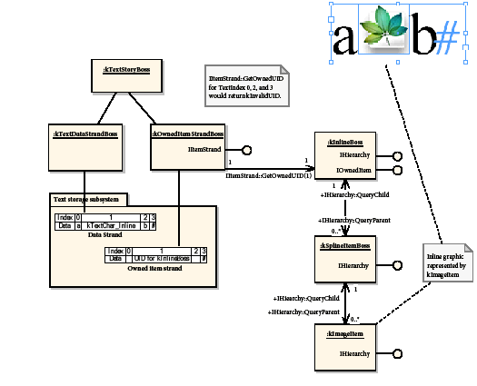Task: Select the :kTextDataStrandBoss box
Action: click(x=85, y=134)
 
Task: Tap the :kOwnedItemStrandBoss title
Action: click(x=186, y=134)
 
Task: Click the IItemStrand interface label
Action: click(x=204, y=148)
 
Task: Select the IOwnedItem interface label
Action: click(x=354, y=170)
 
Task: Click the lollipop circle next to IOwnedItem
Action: click(x=396, y=171)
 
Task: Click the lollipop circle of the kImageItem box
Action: click(x=396, y=352)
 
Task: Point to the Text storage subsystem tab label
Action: click(x=87, y=199)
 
